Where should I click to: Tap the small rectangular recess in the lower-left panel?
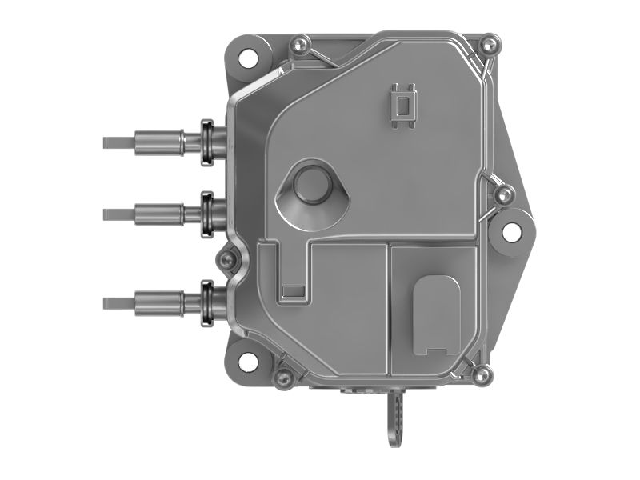294,291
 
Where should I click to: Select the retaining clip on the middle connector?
207,213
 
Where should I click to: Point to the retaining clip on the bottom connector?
207,302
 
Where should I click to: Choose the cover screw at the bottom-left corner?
282,375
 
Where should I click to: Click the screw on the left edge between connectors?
228,258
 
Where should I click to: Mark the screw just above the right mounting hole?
503,193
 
